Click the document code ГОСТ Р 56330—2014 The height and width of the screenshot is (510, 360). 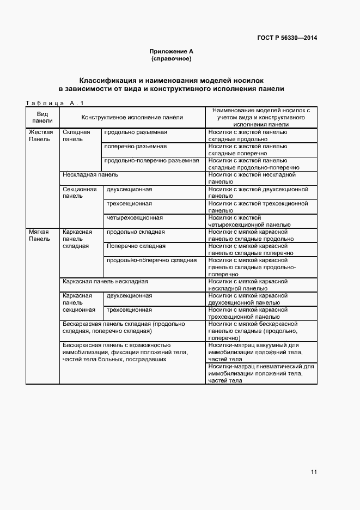[x=287, y=38]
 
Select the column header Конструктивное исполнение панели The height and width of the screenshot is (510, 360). [x=132, y=117]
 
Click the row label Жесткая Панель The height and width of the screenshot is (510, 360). [x=41, y=135]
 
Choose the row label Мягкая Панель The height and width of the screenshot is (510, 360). [x=39, y=235]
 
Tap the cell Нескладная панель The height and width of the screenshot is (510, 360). [x=90, y=175]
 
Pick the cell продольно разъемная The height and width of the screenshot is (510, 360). [x=136, y=132]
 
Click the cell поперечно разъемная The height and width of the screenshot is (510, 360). [x=136, y=147]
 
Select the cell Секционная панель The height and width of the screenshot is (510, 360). [x=80, y=192]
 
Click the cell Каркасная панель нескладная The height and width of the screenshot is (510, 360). [x=105, y=282]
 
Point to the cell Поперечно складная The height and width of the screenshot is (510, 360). [x=136, y=246]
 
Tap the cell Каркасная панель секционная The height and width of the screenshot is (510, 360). [x=80, y=302]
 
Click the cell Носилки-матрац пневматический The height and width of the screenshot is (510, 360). [x=260, y=373]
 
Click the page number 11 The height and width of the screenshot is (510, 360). [x=313, y=472]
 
